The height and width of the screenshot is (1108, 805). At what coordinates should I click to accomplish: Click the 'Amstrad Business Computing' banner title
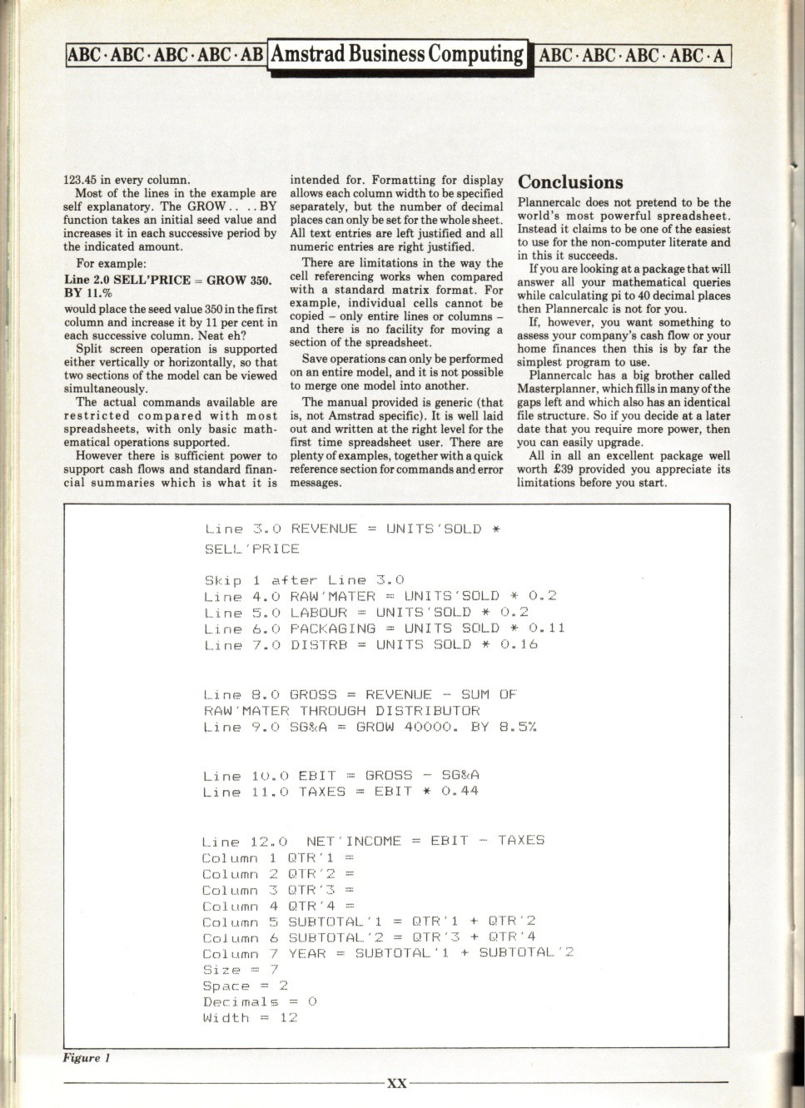(397, 54)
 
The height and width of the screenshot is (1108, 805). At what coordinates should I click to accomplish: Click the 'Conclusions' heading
(570, 182)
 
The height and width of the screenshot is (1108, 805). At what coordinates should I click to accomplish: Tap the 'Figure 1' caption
(87, 1058)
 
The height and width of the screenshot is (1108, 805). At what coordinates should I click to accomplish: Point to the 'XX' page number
(397, 1083)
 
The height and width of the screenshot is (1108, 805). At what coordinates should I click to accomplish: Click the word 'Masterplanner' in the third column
(555, 389)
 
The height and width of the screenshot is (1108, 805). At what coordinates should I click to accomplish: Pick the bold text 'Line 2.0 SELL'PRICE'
(127, 280)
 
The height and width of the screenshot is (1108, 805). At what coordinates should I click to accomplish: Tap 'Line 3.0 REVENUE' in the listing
(281, 529)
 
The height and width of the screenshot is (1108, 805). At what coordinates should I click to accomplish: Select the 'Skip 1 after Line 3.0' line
(304, 580)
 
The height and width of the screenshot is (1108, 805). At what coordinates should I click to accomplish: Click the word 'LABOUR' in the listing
(318, 612)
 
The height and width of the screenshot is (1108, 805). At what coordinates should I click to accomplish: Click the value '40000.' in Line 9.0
(432, 727)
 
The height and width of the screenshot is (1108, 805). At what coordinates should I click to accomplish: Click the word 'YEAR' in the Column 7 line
(307, 953)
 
